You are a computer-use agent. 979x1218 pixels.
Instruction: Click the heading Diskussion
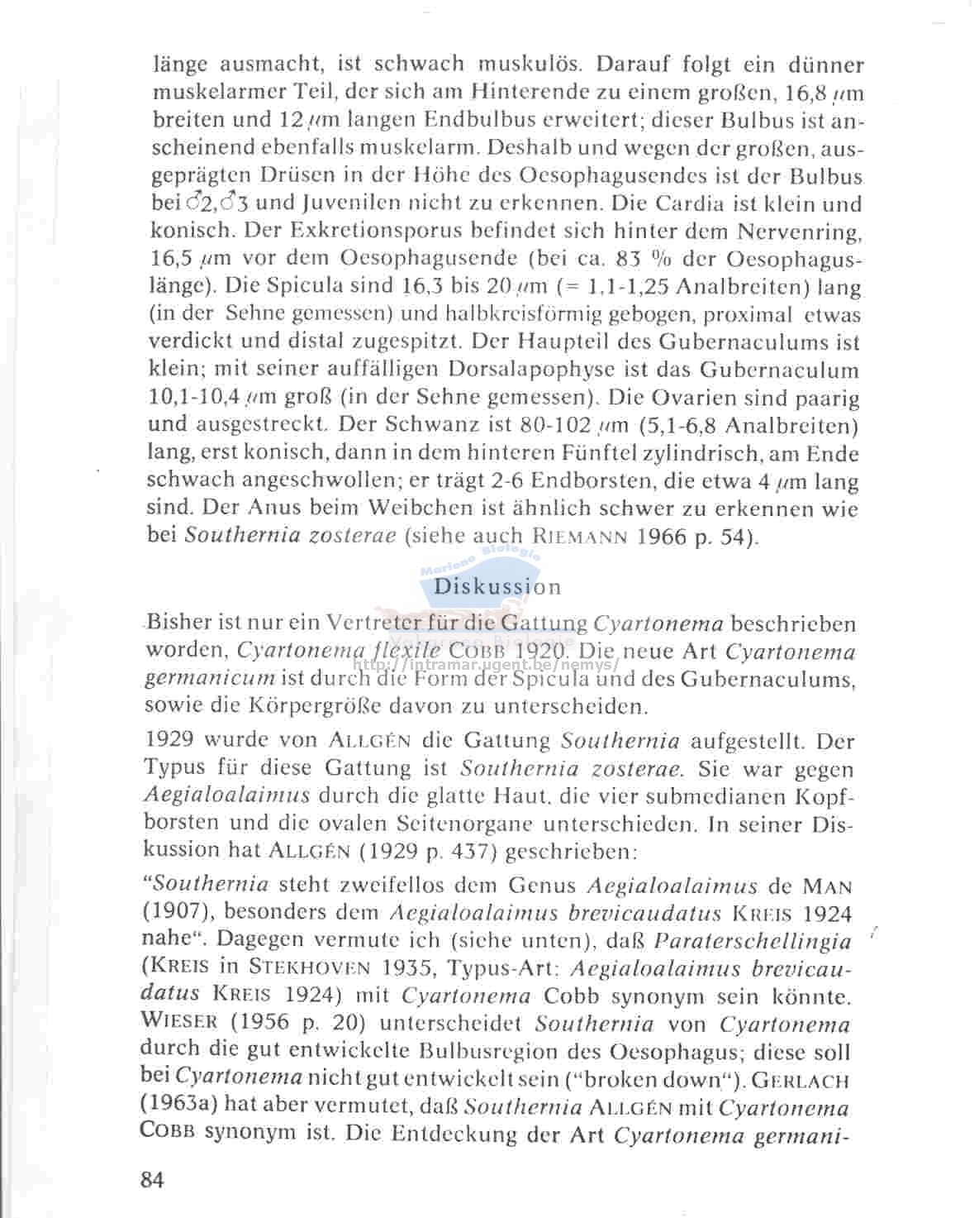pyautogui.click(x=497, y=587)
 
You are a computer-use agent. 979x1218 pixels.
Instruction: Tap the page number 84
pyautogui.click(x=152, y=1179)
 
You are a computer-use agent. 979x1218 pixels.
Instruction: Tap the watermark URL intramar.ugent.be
pyautogui.click(x=487, y=665)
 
